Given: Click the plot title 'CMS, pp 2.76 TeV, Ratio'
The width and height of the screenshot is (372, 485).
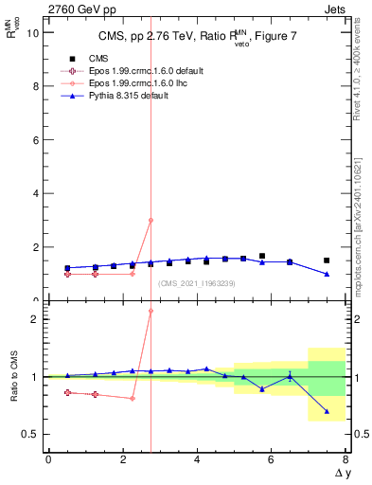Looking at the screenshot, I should (161, 37).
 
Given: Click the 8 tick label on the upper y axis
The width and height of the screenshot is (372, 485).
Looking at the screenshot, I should (36, 86).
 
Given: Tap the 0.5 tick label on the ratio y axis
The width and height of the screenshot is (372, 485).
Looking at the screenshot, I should (30, 435).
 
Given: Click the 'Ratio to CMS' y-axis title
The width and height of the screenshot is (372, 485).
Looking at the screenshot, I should (13, 377).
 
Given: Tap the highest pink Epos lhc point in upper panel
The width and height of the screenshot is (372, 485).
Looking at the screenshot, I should (151, 220).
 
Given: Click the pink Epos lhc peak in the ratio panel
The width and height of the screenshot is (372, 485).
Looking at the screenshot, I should (151, 311).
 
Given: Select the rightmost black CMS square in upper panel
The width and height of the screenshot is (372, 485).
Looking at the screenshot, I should (327, 260).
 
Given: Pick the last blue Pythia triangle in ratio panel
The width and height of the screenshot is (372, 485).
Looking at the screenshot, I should (327, 411).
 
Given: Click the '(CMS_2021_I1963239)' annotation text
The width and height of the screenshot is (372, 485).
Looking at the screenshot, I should (196, 283).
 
